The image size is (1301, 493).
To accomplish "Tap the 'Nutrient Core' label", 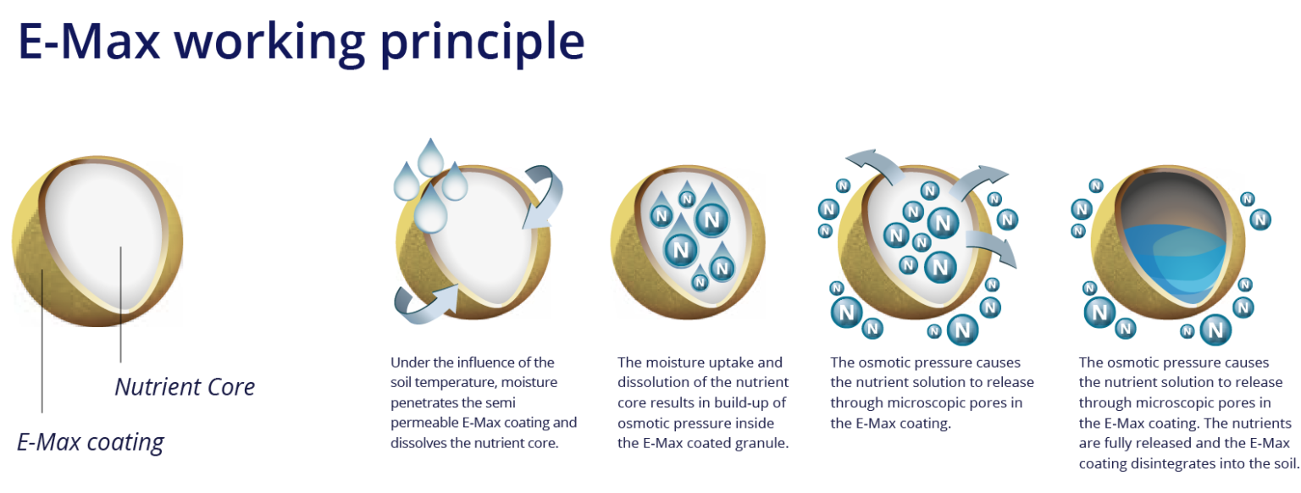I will (185, 387).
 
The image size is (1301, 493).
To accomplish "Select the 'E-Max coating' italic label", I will (91, 441).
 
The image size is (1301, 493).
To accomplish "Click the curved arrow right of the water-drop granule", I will (542, 197).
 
